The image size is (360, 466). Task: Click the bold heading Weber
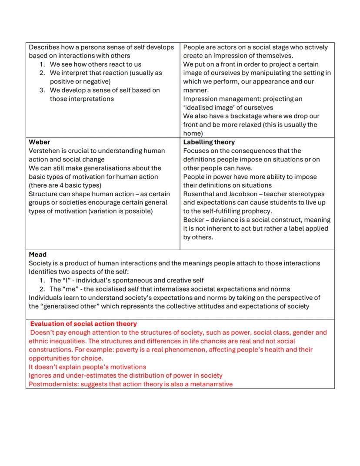pos(39,142)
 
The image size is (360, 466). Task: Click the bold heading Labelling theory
pos(209,142)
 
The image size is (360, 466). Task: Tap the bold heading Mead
pos(37,255)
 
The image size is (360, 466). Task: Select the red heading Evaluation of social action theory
pos(83,324)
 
